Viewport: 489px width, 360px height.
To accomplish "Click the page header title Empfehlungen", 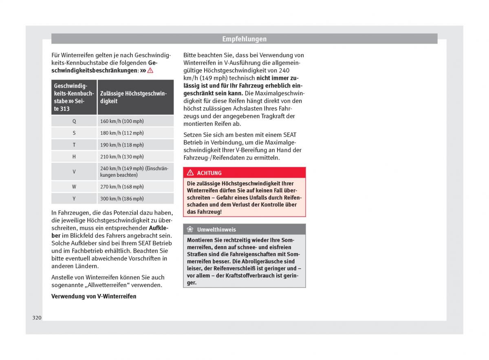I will [244, 39].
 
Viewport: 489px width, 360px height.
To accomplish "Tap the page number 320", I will [37, 318].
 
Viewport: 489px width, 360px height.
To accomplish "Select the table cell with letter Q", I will [74, 121].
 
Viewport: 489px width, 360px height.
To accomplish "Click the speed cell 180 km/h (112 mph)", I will [122, 133].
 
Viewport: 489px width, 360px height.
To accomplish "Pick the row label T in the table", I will [74, 145].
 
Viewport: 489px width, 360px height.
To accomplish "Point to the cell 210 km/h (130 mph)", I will [122, 156].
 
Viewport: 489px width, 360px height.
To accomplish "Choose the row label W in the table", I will [74, 187].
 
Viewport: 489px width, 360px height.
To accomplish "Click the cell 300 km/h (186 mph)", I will [122, 199].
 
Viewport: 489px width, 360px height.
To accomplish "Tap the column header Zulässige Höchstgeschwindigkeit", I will [134, 97].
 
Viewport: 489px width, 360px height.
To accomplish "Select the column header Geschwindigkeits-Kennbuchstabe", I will [73, 97].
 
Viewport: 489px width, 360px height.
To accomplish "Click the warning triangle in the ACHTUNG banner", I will [190, 173].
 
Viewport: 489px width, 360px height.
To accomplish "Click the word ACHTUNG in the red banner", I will [209, 173].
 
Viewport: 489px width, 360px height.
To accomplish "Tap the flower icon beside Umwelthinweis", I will [190, 230].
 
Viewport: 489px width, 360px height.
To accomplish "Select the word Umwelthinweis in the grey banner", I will [216, 230].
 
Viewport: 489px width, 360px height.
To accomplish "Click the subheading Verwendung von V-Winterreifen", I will [94, 296].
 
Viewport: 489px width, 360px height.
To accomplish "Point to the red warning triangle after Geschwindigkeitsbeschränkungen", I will [150, 70].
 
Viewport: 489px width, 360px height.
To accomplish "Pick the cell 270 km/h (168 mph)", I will [122, 187].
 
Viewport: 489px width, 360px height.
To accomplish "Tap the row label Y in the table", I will [74, 199].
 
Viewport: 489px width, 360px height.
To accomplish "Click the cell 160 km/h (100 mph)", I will [122, 121].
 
